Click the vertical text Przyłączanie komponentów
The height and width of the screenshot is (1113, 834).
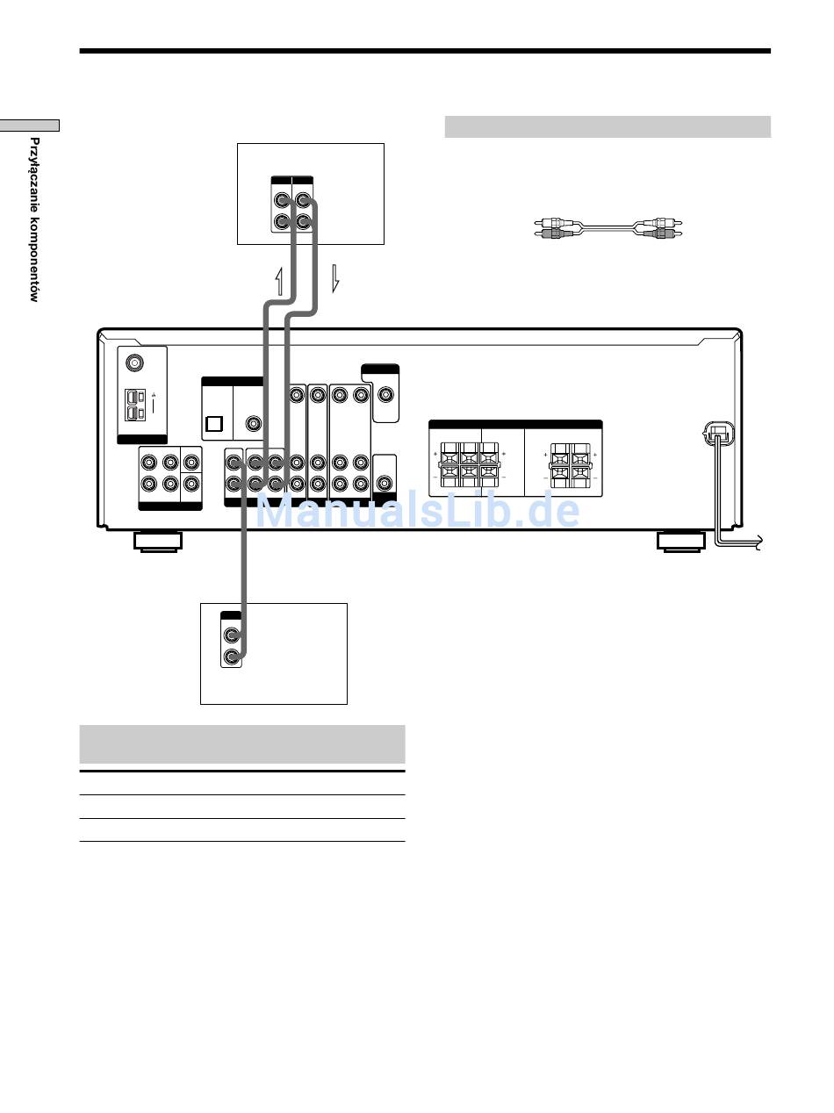tap(34, 219)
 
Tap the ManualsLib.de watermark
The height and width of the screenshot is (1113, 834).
tap(417, 510)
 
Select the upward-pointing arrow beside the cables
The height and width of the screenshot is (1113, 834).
tap(279, 282)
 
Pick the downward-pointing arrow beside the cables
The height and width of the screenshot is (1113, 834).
tap(335, 278)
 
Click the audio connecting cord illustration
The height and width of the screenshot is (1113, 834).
tap(608, 228)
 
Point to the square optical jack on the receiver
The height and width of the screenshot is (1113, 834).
tap(214, 423)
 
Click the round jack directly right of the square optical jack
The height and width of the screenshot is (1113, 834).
tap(253, 423)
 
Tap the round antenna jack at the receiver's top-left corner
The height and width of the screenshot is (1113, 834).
tap(134, 363)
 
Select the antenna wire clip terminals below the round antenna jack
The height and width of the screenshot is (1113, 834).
tap(135, 405)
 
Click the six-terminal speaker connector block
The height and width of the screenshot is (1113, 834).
tap(469, 464)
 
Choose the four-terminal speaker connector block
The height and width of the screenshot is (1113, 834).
tap(571, 465)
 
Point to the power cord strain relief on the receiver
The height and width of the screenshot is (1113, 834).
tap(718, 434)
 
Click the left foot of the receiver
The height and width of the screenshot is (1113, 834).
tap(158, 541)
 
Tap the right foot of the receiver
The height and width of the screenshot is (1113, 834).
tap(681, 541)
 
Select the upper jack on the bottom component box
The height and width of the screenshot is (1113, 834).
tap(232, 635)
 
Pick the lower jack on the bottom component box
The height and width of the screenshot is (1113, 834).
tap(232, 657)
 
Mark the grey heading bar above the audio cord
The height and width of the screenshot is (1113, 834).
tap(608, 126)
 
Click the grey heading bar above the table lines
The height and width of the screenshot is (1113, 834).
tap(242, 743)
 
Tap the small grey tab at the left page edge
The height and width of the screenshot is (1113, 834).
tap(29, 126)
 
